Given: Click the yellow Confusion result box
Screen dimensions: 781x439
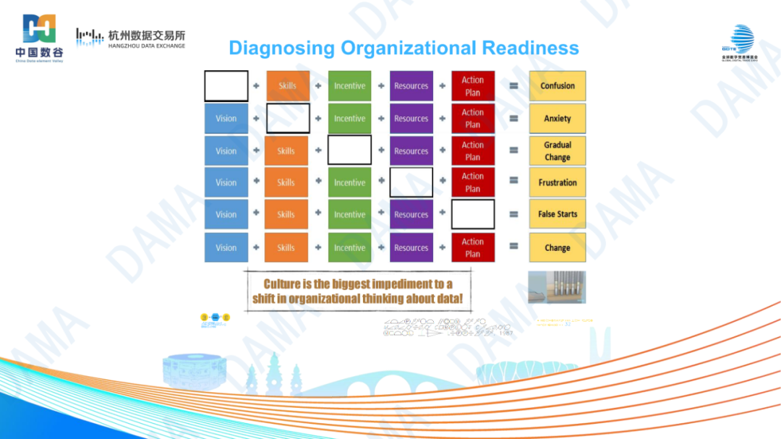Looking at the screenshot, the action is point(557,86).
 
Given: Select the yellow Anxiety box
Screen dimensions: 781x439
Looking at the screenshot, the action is point(557,119).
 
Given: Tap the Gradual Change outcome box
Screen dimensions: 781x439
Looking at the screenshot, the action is point(557,150).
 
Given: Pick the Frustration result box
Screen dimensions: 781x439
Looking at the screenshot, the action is point(557,183).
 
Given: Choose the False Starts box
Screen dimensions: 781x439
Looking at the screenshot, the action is point(557,214).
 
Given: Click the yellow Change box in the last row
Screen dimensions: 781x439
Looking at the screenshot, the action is point(557,247).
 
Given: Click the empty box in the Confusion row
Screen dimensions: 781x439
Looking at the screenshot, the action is point(226,86).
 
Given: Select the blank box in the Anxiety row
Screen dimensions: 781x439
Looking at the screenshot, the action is point(288,119).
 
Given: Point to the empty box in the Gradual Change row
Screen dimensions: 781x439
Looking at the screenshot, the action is point(349,150).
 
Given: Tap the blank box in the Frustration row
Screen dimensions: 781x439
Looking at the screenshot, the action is point(411,183).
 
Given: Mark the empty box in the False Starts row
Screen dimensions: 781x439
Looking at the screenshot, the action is point(473,214).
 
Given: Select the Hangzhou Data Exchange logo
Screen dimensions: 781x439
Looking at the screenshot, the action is point(131,38).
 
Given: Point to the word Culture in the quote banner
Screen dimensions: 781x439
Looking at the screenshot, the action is point(281,284).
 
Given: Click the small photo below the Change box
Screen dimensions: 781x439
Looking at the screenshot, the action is point(557,286).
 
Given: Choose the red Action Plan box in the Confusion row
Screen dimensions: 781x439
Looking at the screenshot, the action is point(473,86).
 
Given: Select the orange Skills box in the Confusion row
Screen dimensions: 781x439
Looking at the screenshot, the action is point(288,86).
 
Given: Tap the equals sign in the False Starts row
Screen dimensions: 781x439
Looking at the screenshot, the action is point(513,215).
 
